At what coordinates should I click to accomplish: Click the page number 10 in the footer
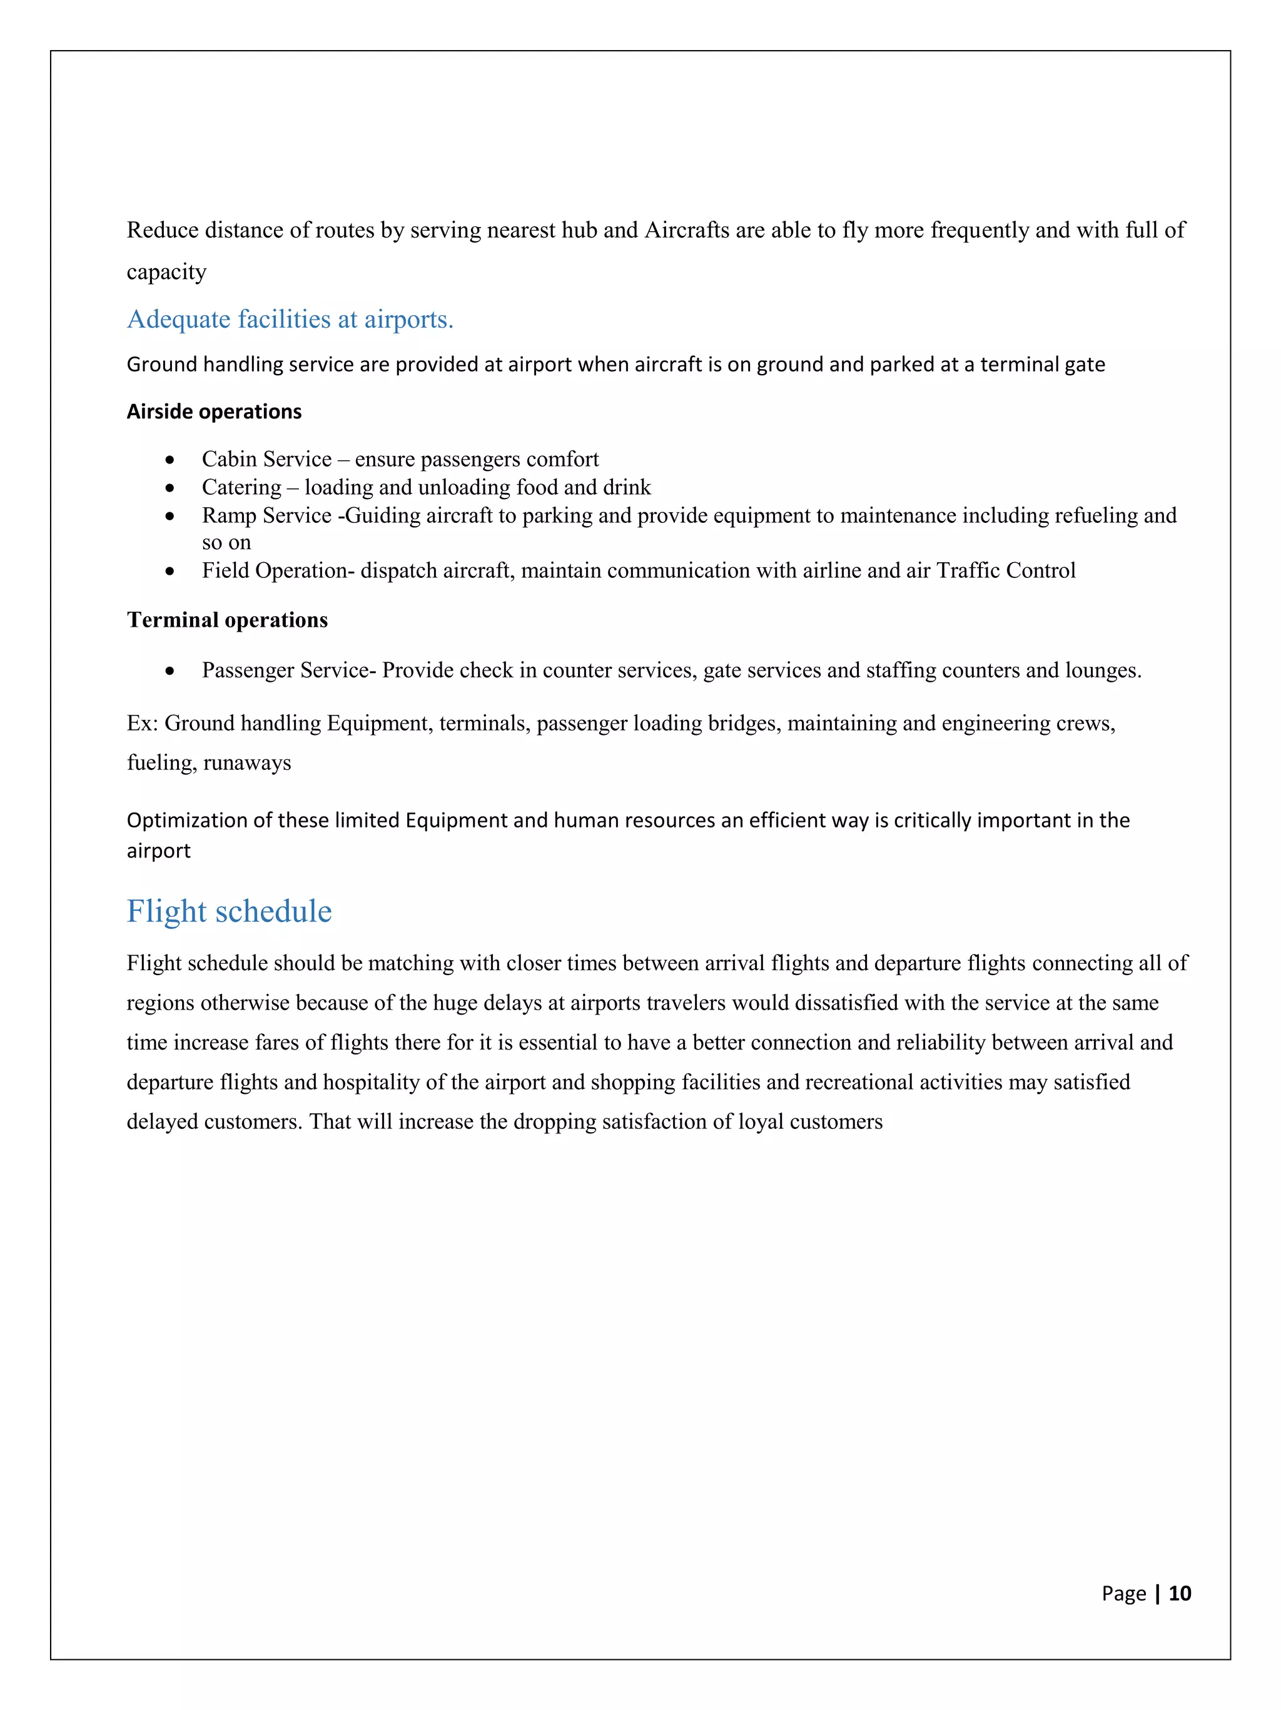click(1179, 1593)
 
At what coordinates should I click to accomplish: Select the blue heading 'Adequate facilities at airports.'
click(290, 318)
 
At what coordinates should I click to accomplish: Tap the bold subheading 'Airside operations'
click(214, 412)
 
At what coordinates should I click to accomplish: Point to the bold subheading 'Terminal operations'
click(227, 620)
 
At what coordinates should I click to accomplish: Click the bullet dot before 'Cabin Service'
click(170, 460)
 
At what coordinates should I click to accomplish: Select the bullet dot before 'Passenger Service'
click(170, 671)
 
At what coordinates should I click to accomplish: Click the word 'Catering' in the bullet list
click(241, 487)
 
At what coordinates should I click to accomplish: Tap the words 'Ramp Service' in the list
click(266, 515)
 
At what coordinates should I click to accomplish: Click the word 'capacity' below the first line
click(166, 272)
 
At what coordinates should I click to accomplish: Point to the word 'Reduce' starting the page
click(160, 230)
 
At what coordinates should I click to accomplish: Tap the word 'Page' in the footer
click(1123, 1593)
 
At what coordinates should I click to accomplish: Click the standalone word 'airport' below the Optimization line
click(158, 851)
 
